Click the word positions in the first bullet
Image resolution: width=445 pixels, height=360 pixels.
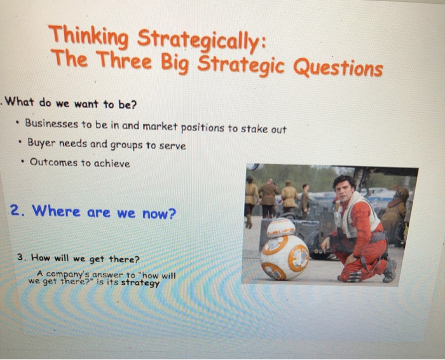[x=203, y=128]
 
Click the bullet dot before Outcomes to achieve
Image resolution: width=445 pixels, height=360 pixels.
[x=22, y=162]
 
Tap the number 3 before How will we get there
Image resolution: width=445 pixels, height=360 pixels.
[x=21, y=257]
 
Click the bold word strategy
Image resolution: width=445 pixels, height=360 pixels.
[x=140, y=283]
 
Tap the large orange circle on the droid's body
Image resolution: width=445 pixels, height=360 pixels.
[x=299, y=258]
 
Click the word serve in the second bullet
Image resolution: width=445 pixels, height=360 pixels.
[x=174, y=146]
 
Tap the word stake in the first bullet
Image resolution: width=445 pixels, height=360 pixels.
[x=253, y=129]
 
